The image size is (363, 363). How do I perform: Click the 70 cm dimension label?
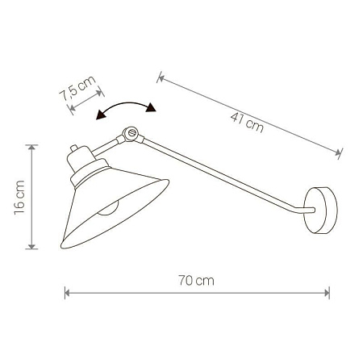(196, 281)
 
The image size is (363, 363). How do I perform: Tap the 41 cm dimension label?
(247, 123)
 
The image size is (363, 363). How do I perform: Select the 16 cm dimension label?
(19, 198)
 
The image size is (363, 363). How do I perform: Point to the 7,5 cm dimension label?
(77, 88)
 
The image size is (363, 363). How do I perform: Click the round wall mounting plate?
(320, 211)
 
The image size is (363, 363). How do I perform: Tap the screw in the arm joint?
(131, 132)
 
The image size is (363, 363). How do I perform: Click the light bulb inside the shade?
(108, 208)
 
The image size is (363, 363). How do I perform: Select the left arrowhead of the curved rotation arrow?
(101, 115)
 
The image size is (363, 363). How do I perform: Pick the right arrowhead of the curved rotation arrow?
(151, 107)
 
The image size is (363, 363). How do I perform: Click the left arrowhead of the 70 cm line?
(67, 293)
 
